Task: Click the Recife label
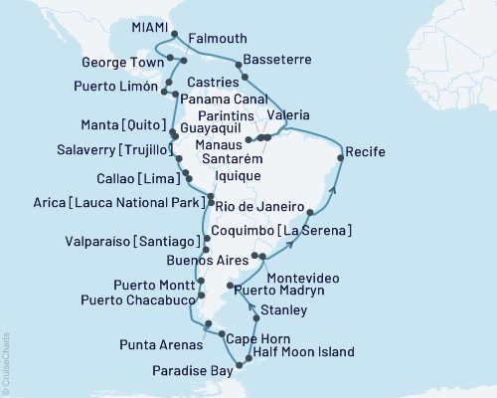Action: coord(365,152)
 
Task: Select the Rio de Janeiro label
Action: coord(258,208)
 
